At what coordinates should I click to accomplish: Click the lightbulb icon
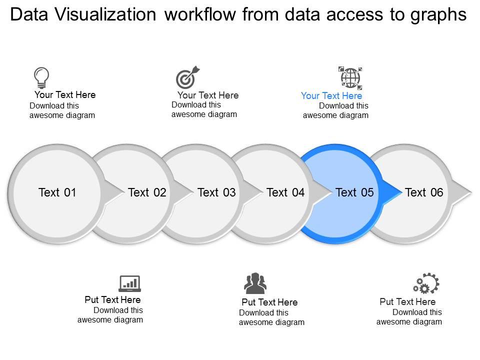tap(41, 77)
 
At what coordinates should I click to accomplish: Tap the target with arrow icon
tap(187, 77)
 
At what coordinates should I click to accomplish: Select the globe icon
tap(350, 77)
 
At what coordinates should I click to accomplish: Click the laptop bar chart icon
tap(129, 283)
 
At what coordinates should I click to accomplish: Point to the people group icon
tap(255, 283)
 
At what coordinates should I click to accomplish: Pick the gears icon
tap(425, 283)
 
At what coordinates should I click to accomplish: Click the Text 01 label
tap(57, 192)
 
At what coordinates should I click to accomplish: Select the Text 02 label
tap(147, 192)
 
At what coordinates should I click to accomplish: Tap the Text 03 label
tap(216, 192)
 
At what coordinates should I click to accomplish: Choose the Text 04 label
tap(285, 192)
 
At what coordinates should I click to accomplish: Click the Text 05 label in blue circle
tap(354, 192)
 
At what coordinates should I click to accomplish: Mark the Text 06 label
tap(424, 192)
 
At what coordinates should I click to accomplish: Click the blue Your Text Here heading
tap(331, 96)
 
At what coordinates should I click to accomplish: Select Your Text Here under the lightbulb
tap(65, 95)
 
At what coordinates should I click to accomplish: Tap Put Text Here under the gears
tap(407, 302)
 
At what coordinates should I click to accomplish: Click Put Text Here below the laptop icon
tap(112, 300)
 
